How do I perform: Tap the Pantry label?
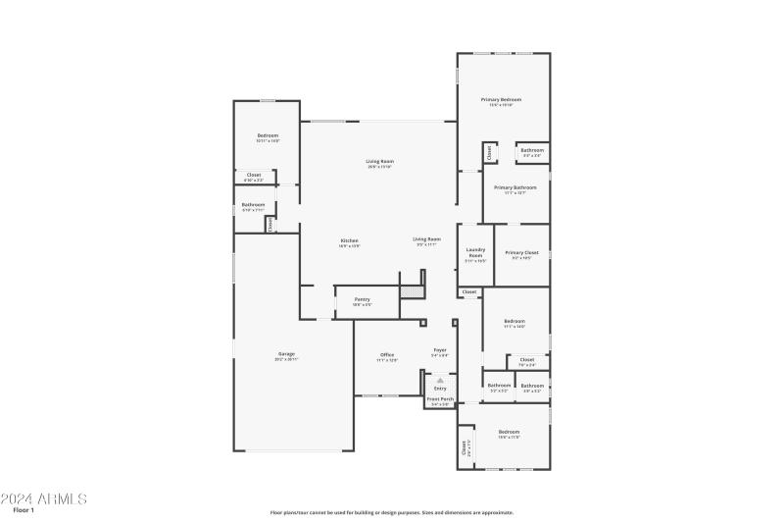(x=362, y=300)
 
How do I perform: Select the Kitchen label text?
(x=350, y=241)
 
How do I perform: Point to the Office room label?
(x=387, y=356)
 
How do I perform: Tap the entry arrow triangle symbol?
(x=440, y=379)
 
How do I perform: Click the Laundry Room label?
(x=475, y=253)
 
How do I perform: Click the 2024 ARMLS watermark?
(x=44, y=498)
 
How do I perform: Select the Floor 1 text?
(x=24, y=510)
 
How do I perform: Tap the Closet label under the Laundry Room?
(x=469, y=291)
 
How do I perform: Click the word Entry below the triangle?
(x=440, y=389)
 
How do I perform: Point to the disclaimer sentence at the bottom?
(x=392, y=512)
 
